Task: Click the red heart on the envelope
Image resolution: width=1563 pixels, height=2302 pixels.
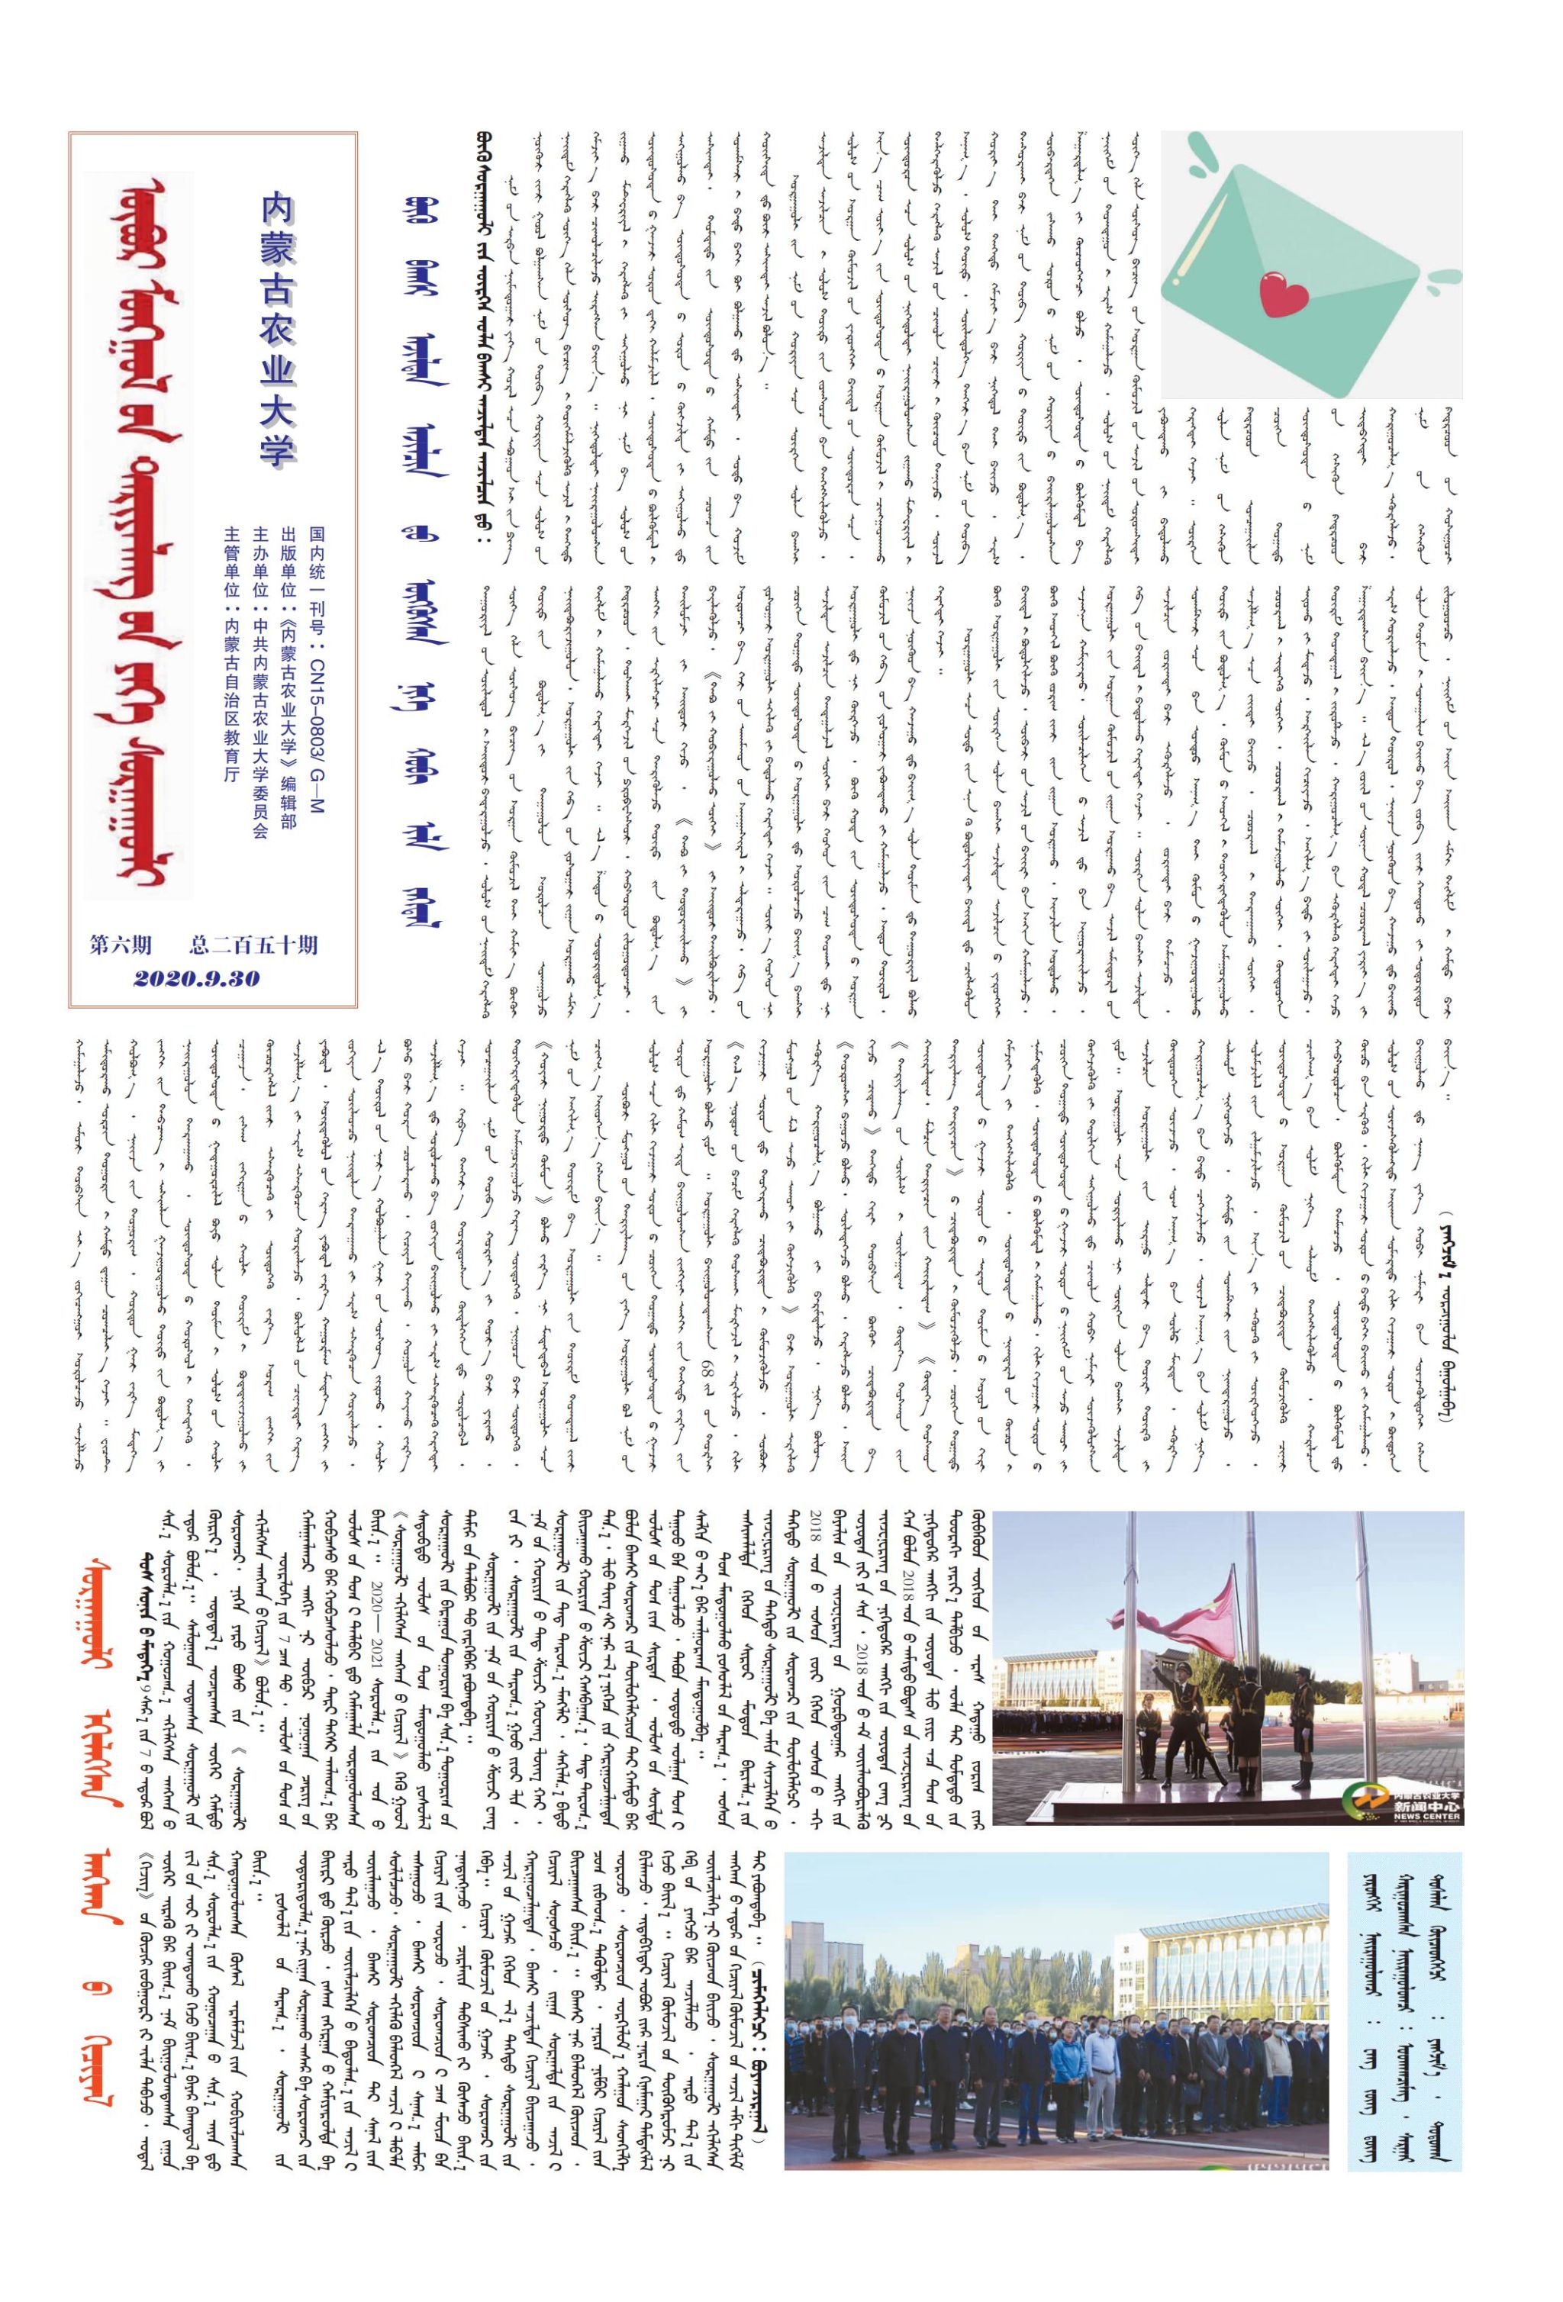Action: point(1284,291)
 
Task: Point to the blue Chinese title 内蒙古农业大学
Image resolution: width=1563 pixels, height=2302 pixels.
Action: point(279,327)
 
